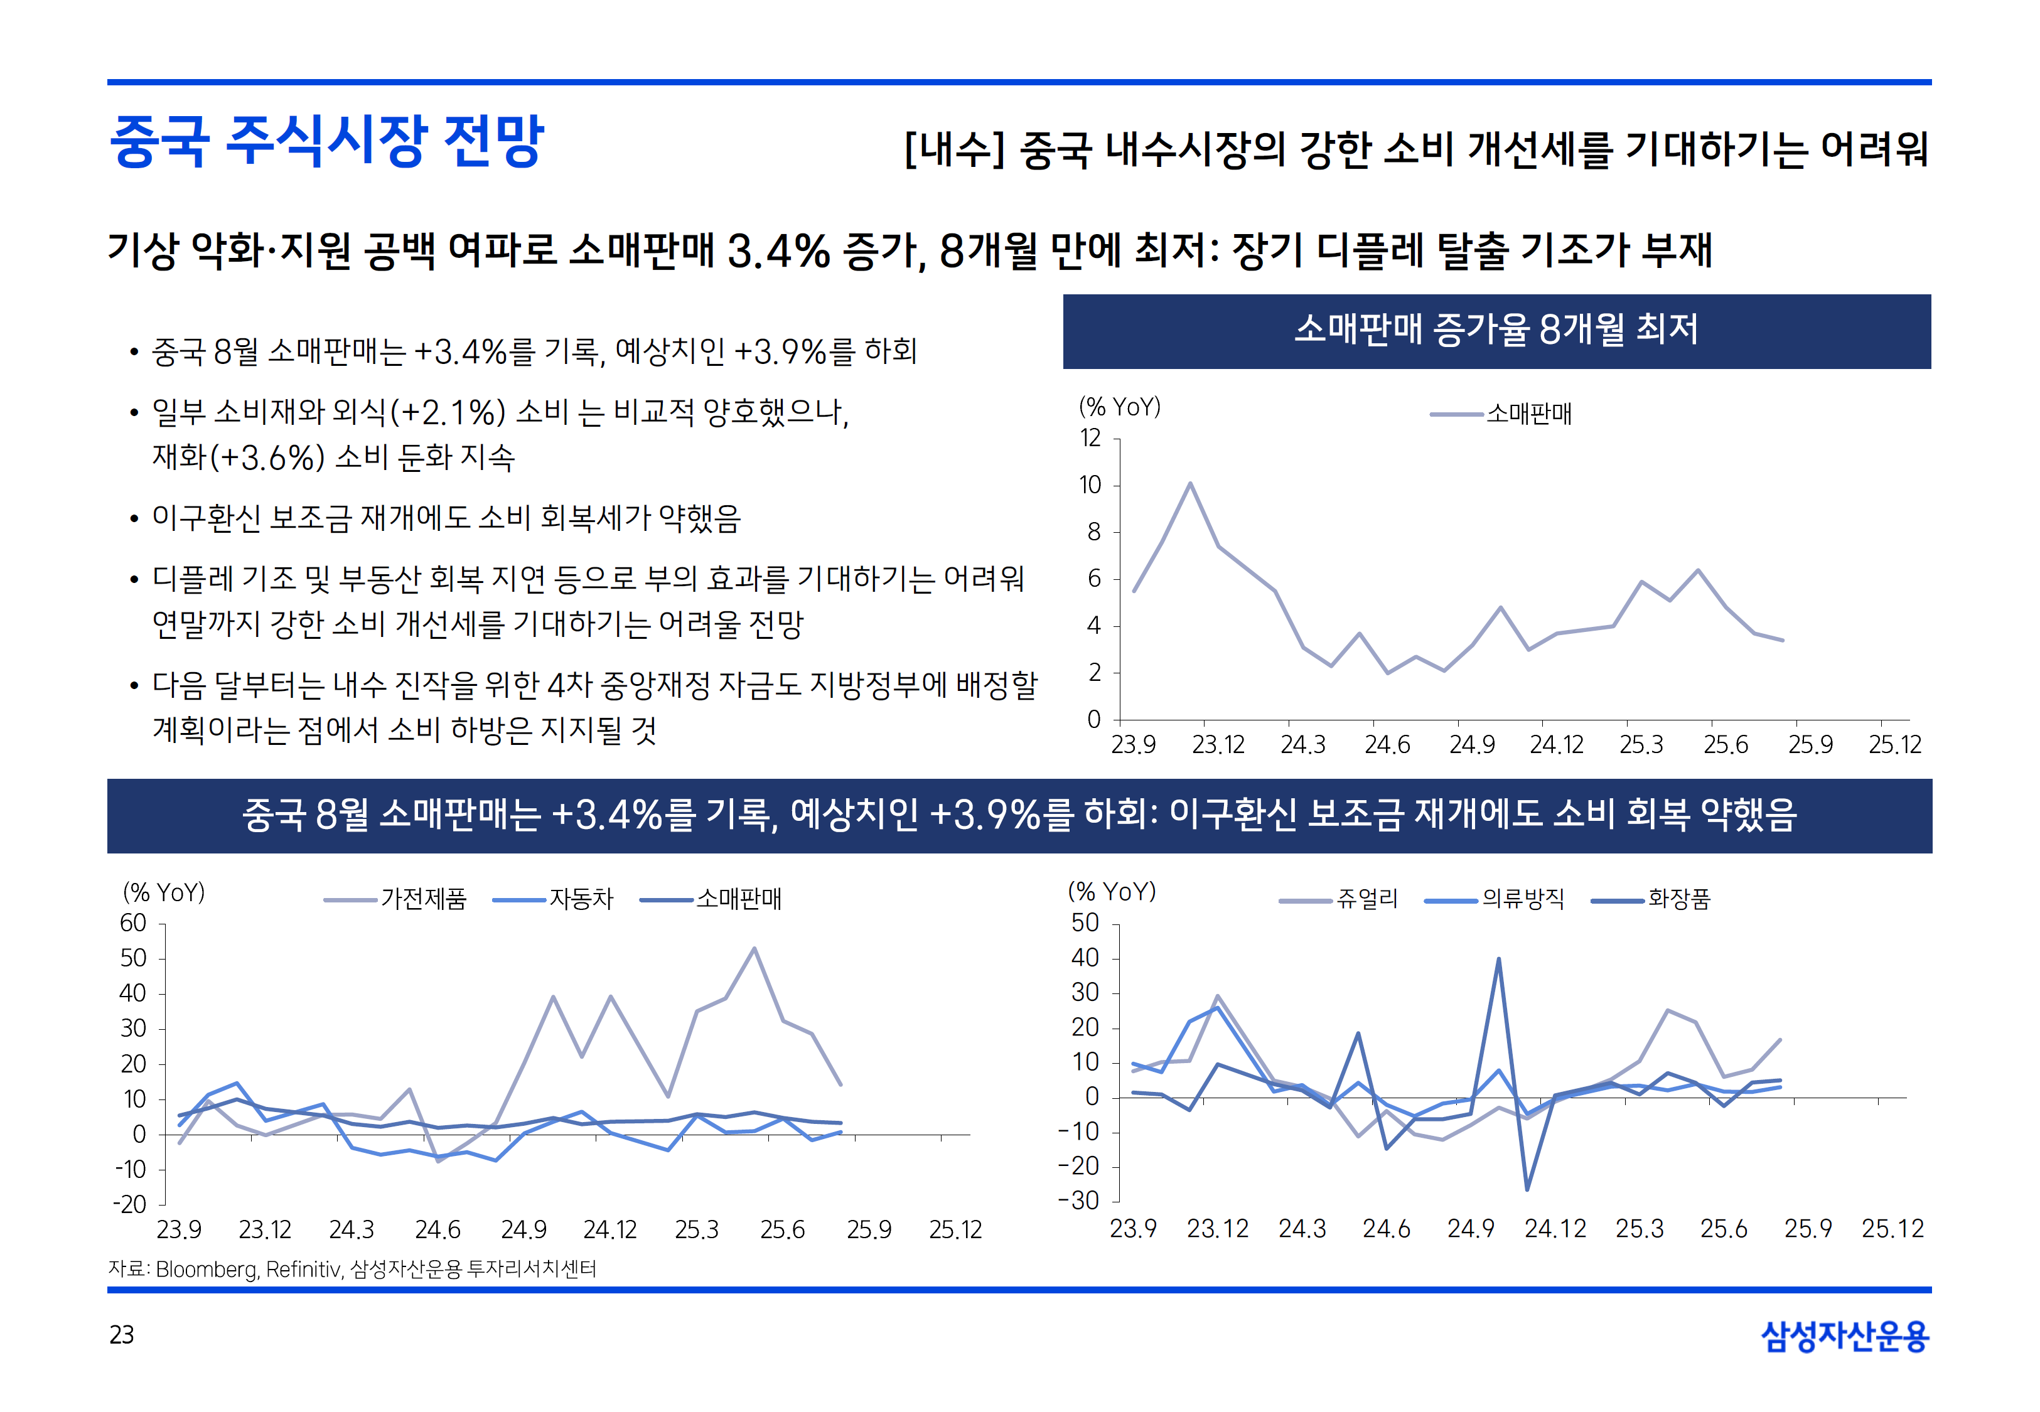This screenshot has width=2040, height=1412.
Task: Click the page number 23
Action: pyautogui.click(x=121, y=1334)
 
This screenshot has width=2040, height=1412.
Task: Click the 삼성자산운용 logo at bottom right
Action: pyautogui.click(x=1845, y=1335)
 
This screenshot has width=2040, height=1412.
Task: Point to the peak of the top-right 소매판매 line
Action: pyautogui.click(x=1190, y=484)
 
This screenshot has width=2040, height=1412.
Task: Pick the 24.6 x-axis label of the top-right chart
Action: pyautogui.click(x=1386, y=745)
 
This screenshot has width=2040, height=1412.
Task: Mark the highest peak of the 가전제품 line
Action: pyautogui.click(x=754, y=948)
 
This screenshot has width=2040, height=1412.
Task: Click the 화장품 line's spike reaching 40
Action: pyautogui.click(x=1498, y=959)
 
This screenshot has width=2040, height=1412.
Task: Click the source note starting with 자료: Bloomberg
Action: pyautogui.click(x=352, y=1269)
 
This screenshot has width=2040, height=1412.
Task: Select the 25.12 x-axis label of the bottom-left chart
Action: pyautogui.click(x=955, y=1230)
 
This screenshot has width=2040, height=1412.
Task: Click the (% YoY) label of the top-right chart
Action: pyautogui.click(x=1119, y=407)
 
